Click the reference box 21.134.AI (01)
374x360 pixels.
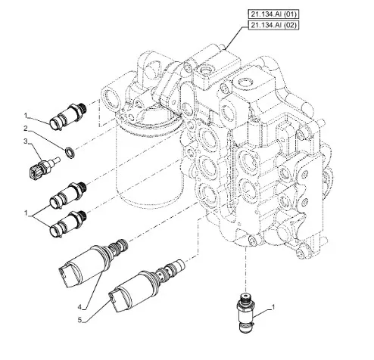click(x=273, y=14)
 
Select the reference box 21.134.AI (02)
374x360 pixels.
click(x=273, y=25)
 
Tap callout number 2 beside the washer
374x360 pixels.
click(x=26, y=129)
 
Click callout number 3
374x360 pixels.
click(x=26, y=141)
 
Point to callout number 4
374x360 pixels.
click(x=79, y=307)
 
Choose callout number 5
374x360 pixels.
click(x=79, y=320)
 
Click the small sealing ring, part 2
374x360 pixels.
click(x=70, y=153)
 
